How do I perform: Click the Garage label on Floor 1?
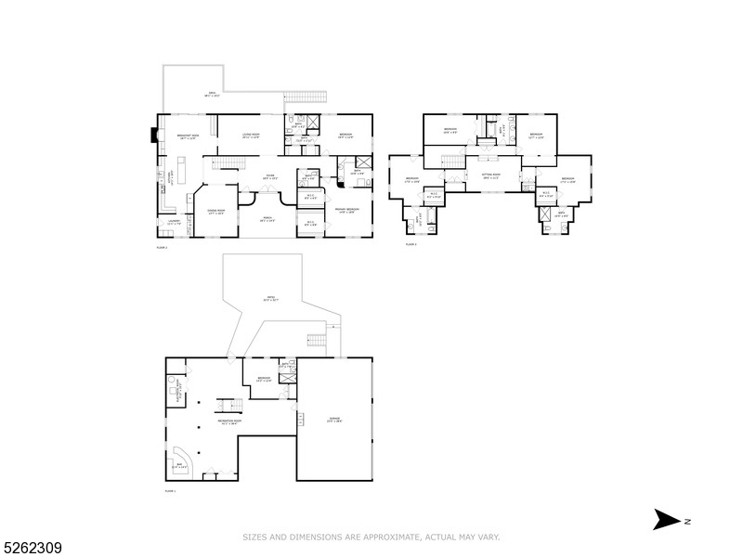[x=334, y=420]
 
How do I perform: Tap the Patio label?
[x=270, y=299]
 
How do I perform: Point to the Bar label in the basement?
[x=178, y=465]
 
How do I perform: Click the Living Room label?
[x=250, y=136]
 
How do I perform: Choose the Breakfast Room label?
[x=189, y=136]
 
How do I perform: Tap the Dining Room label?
[x=215, y=213]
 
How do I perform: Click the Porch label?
[x=267, y=221]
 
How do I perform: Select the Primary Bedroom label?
[x=346, y=209]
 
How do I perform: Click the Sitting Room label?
[x=491, y=175]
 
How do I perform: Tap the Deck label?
[x=213, y=95]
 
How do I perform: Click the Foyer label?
[x=269, y=177]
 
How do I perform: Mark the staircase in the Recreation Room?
[x=228, y=405]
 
